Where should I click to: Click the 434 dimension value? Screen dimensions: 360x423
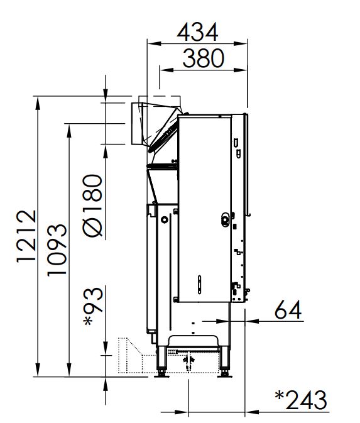coord(197,32)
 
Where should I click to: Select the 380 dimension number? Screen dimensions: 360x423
coord(204,58)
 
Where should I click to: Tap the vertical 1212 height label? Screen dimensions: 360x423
coord(26,236)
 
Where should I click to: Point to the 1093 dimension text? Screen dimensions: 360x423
coord(57,250)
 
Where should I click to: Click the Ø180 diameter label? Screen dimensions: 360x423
coord(92,206)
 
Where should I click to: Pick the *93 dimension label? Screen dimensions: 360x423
coord(94,306)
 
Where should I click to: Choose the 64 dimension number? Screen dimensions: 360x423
coord(288,310)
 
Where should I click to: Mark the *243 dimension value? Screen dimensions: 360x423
coord(301,400)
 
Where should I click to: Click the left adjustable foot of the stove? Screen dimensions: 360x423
coord(161,362)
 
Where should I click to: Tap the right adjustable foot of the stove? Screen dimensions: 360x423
coord(224,362)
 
